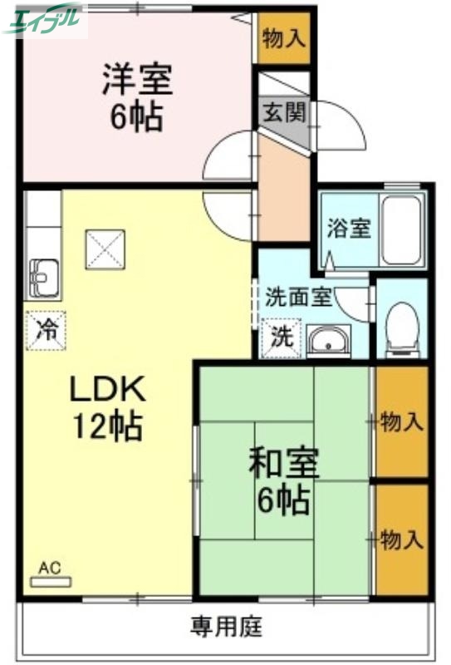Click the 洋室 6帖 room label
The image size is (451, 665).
pyautogui.click(x=137, y=98)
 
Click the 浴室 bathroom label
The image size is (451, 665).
pyautogui.click(x=348, y=228)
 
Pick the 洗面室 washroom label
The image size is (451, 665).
pyautogui.click(x=298, y=296)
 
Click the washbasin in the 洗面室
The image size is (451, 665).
pyautogui.click(x=329, y=341)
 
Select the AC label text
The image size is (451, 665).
pyautogui.click(x=51, y=569)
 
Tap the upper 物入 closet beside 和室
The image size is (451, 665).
pyautogui.click(x=401, y=422)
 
